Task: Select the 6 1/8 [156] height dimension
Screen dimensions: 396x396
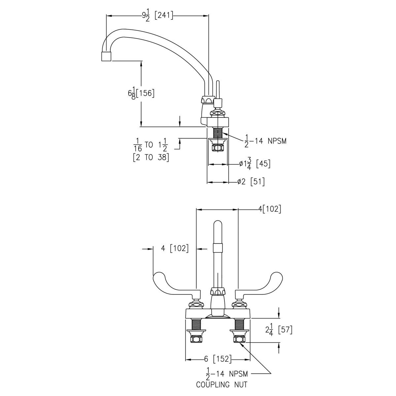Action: pos(141,93)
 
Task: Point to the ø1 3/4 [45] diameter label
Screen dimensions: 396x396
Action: pos(255,164)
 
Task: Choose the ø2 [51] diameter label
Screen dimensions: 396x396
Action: pos(251,181)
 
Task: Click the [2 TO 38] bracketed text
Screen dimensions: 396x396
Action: pos(151,157)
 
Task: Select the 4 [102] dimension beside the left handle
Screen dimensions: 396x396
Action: pos(174,248)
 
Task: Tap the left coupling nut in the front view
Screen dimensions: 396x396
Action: pos(196,339)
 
